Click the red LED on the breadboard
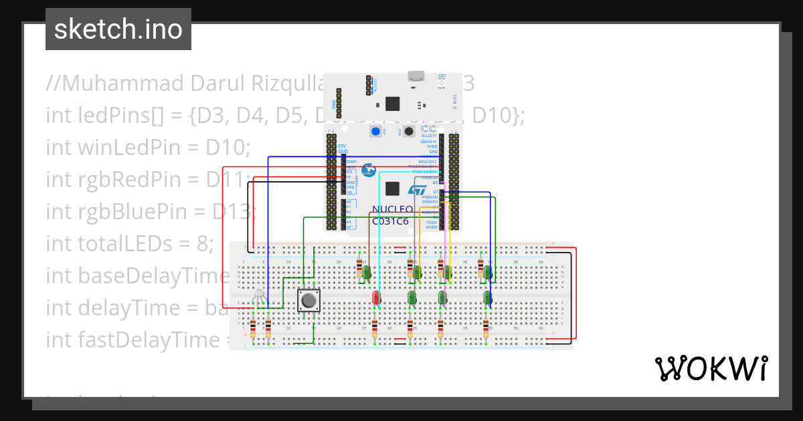point(376,297)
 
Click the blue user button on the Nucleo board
point(375,132)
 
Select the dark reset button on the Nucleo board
point(407,132)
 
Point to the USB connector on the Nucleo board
point(416,76)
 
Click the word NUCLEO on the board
point(392,209)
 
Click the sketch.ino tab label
point(118,29)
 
